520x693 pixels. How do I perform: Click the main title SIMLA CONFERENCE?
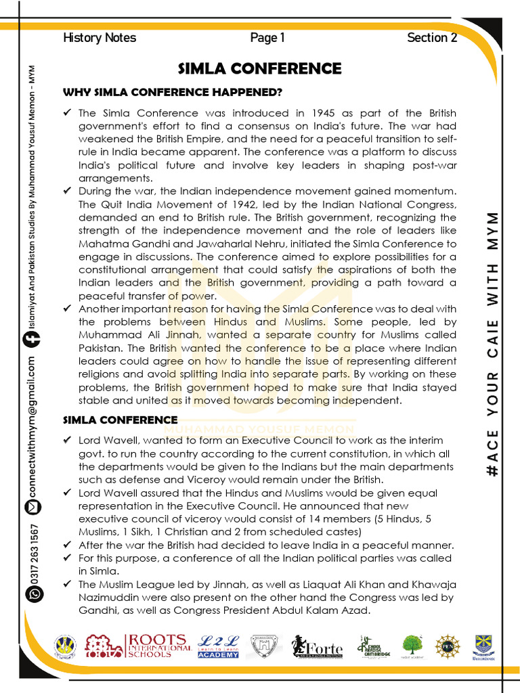(259, 69)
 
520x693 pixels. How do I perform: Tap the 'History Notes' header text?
(100, 38)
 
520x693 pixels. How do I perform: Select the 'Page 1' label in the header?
(267, 38)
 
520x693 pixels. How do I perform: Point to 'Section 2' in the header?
(432, 38)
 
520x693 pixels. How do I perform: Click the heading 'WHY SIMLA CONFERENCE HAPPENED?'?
(173, 92)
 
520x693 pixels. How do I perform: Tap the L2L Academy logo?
(218, 646)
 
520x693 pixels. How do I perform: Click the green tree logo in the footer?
(412, 646)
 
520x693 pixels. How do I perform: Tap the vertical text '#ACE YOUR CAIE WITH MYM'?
(494, 344)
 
